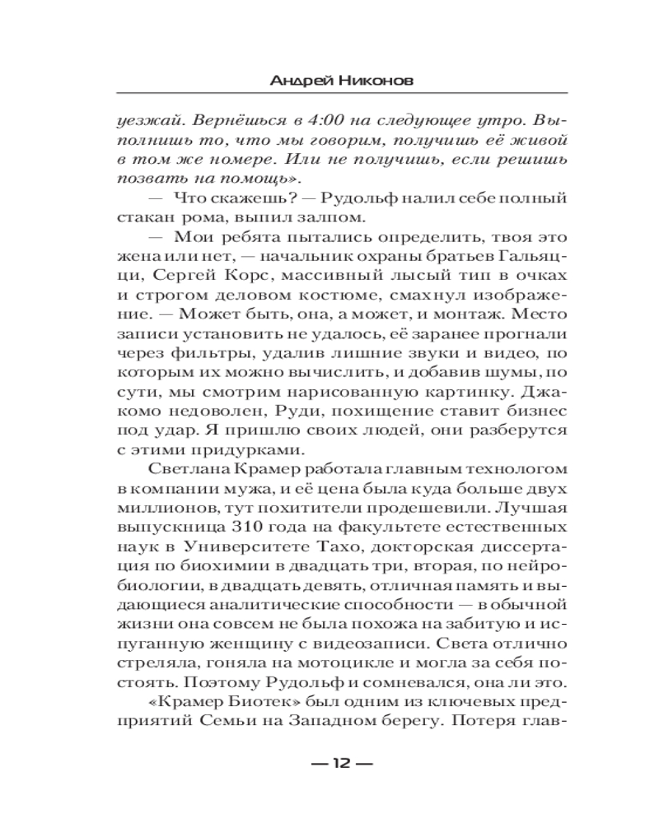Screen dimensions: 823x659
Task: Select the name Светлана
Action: tap(186, 469)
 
